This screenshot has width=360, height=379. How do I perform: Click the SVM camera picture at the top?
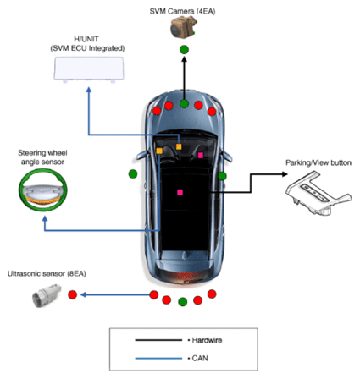[x=183, y=27]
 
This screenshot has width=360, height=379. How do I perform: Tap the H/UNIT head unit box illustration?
[x=89, y=69]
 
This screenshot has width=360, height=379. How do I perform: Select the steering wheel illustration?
[x=43, y=189]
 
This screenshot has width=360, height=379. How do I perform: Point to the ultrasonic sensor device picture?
[x=47, y=295]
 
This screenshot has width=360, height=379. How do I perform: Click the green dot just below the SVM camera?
[x=184, y=50]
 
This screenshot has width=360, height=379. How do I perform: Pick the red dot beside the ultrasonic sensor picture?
[x=73, y=294]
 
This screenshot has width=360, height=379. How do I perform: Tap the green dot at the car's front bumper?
[x=184, y=104]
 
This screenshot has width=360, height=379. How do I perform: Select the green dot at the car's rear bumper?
[x=183, y=302]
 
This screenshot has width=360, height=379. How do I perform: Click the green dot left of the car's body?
[x=133, y=174]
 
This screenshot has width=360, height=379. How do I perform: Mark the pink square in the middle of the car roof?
[x=180, y=192]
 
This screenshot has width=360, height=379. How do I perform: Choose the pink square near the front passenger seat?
[x=201, y=155]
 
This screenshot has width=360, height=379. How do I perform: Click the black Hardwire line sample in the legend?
[x=158, y=340]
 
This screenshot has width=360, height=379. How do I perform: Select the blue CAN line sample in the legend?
[x=158, y=359]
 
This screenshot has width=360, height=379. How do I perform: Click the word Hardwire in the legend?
[x=207, y=340]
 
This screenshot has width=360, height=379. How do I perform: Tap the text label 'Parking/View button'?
[x=318, y=163]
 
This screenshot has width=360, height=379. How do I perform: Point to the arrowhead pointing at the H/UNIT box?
[x=89, y=90]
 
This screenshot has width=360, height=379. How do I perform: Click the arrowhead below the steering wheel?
[x=45, y=219]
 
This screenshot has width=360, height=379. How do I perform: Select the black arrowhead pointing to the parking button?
[x=285, y=174]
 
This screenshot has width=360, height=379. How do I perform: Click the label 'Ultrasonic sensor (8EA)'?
[x=47, y=274]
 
